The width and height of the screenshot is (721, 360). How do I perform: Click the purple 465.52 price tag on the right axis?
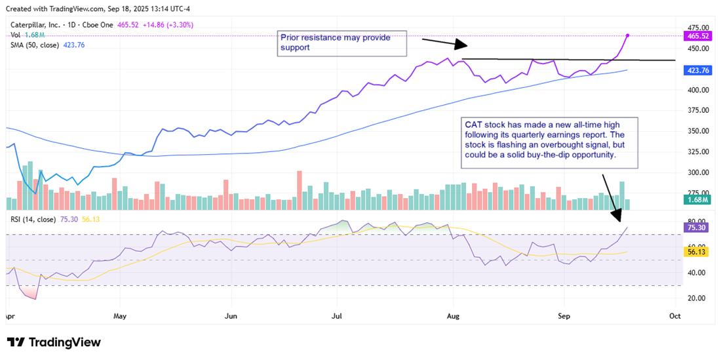pyautogui.click(x=697, y=35)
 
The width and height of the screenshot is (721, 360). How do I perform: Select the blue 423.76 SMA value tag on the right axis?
pyautogui.click(x=697, y=70)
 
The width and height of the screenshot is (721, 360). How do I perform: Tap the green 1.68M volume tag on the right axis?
pyautogui.click(x=697, y=199)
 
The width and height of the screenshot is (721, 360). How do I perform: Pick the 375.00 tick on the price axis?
pyautogui.click(x=697, y=131)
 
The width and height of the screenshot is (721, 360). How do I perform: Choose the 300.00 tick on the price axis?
pyautogui.click(x=697, y=172)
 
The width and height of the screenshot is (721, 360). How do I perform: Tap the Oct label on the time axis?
pyautogui.click(x=675, y=315)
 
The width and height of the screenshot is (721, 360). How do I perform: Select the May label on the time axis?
pyautogui.click(x=121, y=315)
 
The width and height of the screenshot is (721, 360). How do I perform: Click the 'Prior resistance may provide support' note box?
pyautogui.click(x=341, y=43)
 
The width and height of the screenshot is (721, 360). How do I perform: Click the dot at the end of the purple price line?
pyautogui.click(x=629, y=35)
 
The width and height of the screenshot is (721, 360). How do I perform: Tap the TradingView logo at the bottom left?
pyautogui.click(x=54, y=342)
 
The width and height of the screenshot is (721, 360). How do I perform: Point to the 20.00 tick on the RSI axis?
pyautogui.click(x=697, y=298)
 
